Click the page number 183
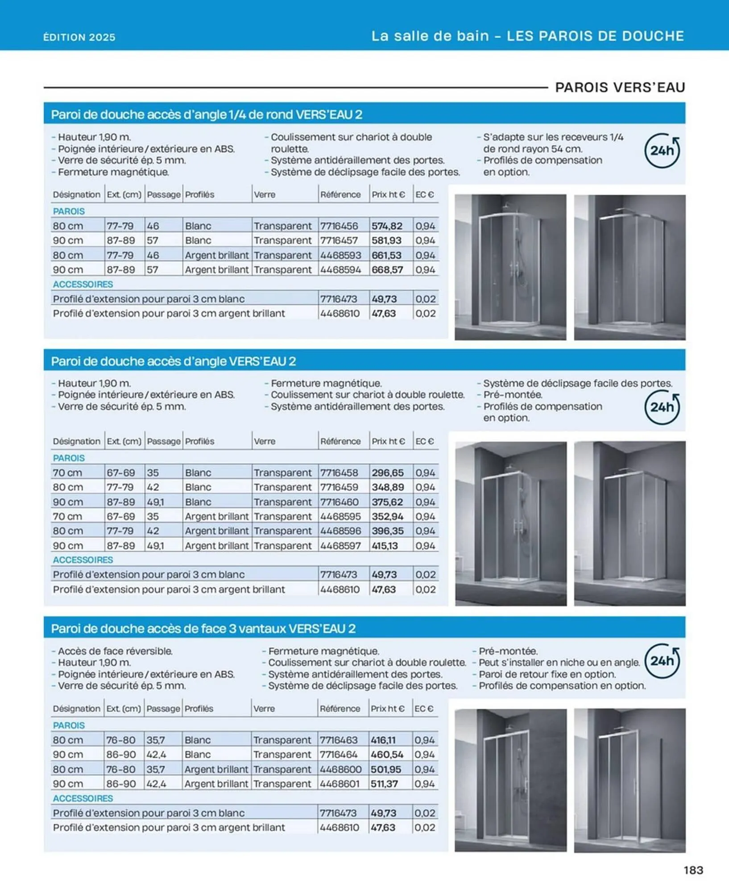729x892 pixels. [x=693, y=870]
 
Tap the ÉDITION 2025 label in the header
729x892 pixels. [x=79, y=37]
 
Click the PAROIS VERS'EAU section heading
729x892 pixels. [x=620, y=87]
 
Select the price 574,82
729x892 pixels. [x=387, y=226]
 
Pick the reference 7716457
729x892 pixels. [x=339, y=240]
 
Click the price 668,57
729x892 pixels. [x=387, y=270]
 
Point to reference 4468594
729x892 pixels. [x=340, y=270]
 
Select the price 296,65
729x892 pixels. [x=387, y=473]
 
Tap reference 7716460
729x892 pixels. [x=340, y=502]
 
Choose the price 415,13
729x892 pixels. [x=385, y=546]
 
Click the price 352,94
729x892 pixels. [x=387, y=516]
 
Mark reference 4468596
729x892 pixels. [x=340, y=531]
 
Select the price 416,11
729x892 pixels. [x=383, y=740]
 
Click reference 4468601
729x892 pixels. [x=340, y=784]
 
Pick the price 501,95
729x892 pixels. [x=386, y=769]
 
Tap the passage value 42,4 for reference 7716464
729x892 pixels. [x=156, y=755]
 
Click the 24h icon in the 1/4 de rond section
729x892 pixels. [x=662, y=151]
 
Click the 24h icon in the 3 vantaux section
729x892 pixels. [x=662, y=661]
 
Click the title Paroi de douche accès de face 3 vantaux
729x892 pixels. [x=203, y=629]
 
